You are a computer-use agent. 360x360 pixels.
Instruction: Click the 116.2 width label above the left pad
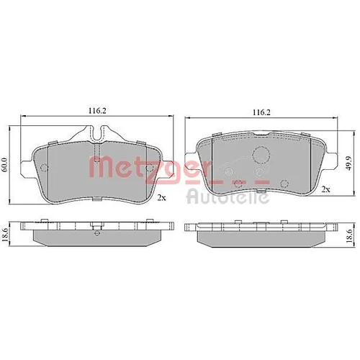tap(97, 111)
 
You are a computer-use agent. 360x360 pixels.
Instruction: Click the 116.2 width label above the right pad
tap(261, 112)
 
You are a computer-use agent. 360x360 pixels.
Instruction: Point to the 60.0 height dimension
tap(4, 165)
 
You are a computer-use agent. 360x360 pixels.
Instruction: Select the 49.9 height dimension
tap(349, 163)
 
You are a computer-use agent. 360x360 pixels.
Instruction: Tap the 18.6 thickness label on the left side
tap(4, 235)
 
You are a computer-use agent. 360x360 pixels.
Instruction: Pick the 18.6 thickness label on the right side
tap(350, 235)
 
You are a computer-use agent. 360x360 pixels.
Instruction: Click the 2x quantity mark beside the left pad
tap(161, 197)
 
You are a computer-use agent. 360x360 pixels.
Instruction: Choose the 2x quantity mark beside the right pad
tap(325, 189)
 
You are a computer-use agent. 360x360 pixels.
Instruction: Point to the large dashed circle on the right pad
tap(261, 154)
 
